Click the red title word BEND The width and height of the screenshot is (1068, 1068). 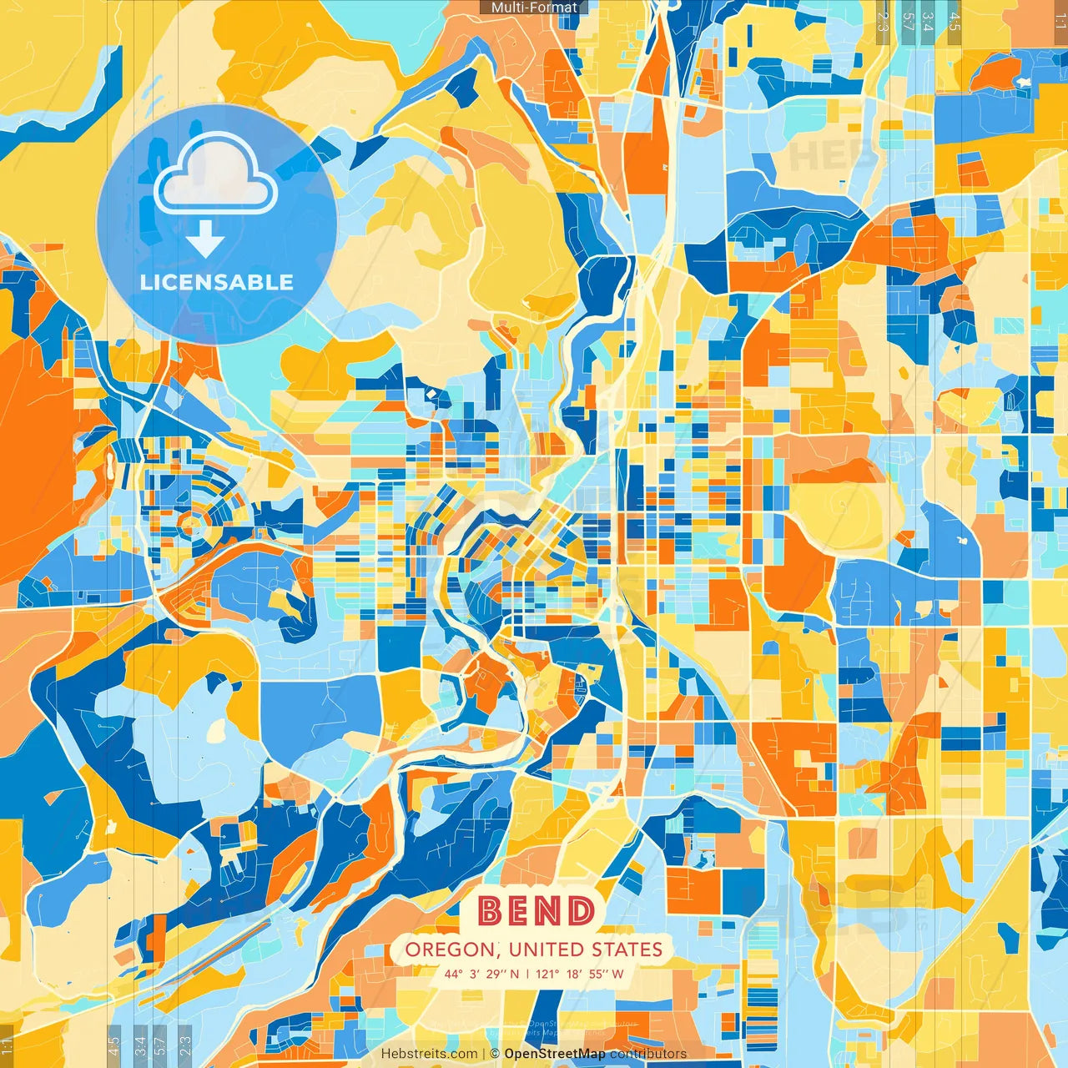click(x=537, y=911)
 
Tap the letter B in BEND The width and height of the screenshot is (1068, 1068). click(x=491, y=911)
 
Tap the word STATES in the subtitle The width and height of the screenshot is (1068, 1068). click(x=627, y=950)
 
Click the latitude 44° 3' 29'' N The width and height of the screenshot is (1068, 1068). click(x=481, y=974)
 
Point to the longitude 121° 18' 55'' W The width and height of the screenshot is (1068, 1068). click(x=579, y=974)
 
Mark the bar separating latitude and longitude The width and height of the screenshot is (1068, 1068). click(x=527, y=974)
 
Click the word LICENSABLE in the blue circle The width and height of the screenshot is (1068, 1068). click(x=217, y=282)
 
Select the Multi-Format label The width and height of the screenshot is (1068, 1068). click(x=534, y=8)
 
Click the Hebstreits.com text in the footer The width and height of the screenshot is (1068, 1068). click(x=429, y=1054)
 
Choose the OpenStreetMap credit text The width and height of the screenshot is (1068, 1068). click(x=555, y=1054)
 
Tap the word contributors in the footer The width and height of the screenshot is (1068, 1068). click(x=648, y=1054)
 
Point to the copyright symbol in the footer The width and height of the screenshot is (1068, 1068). click(x=495, y=1054)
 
